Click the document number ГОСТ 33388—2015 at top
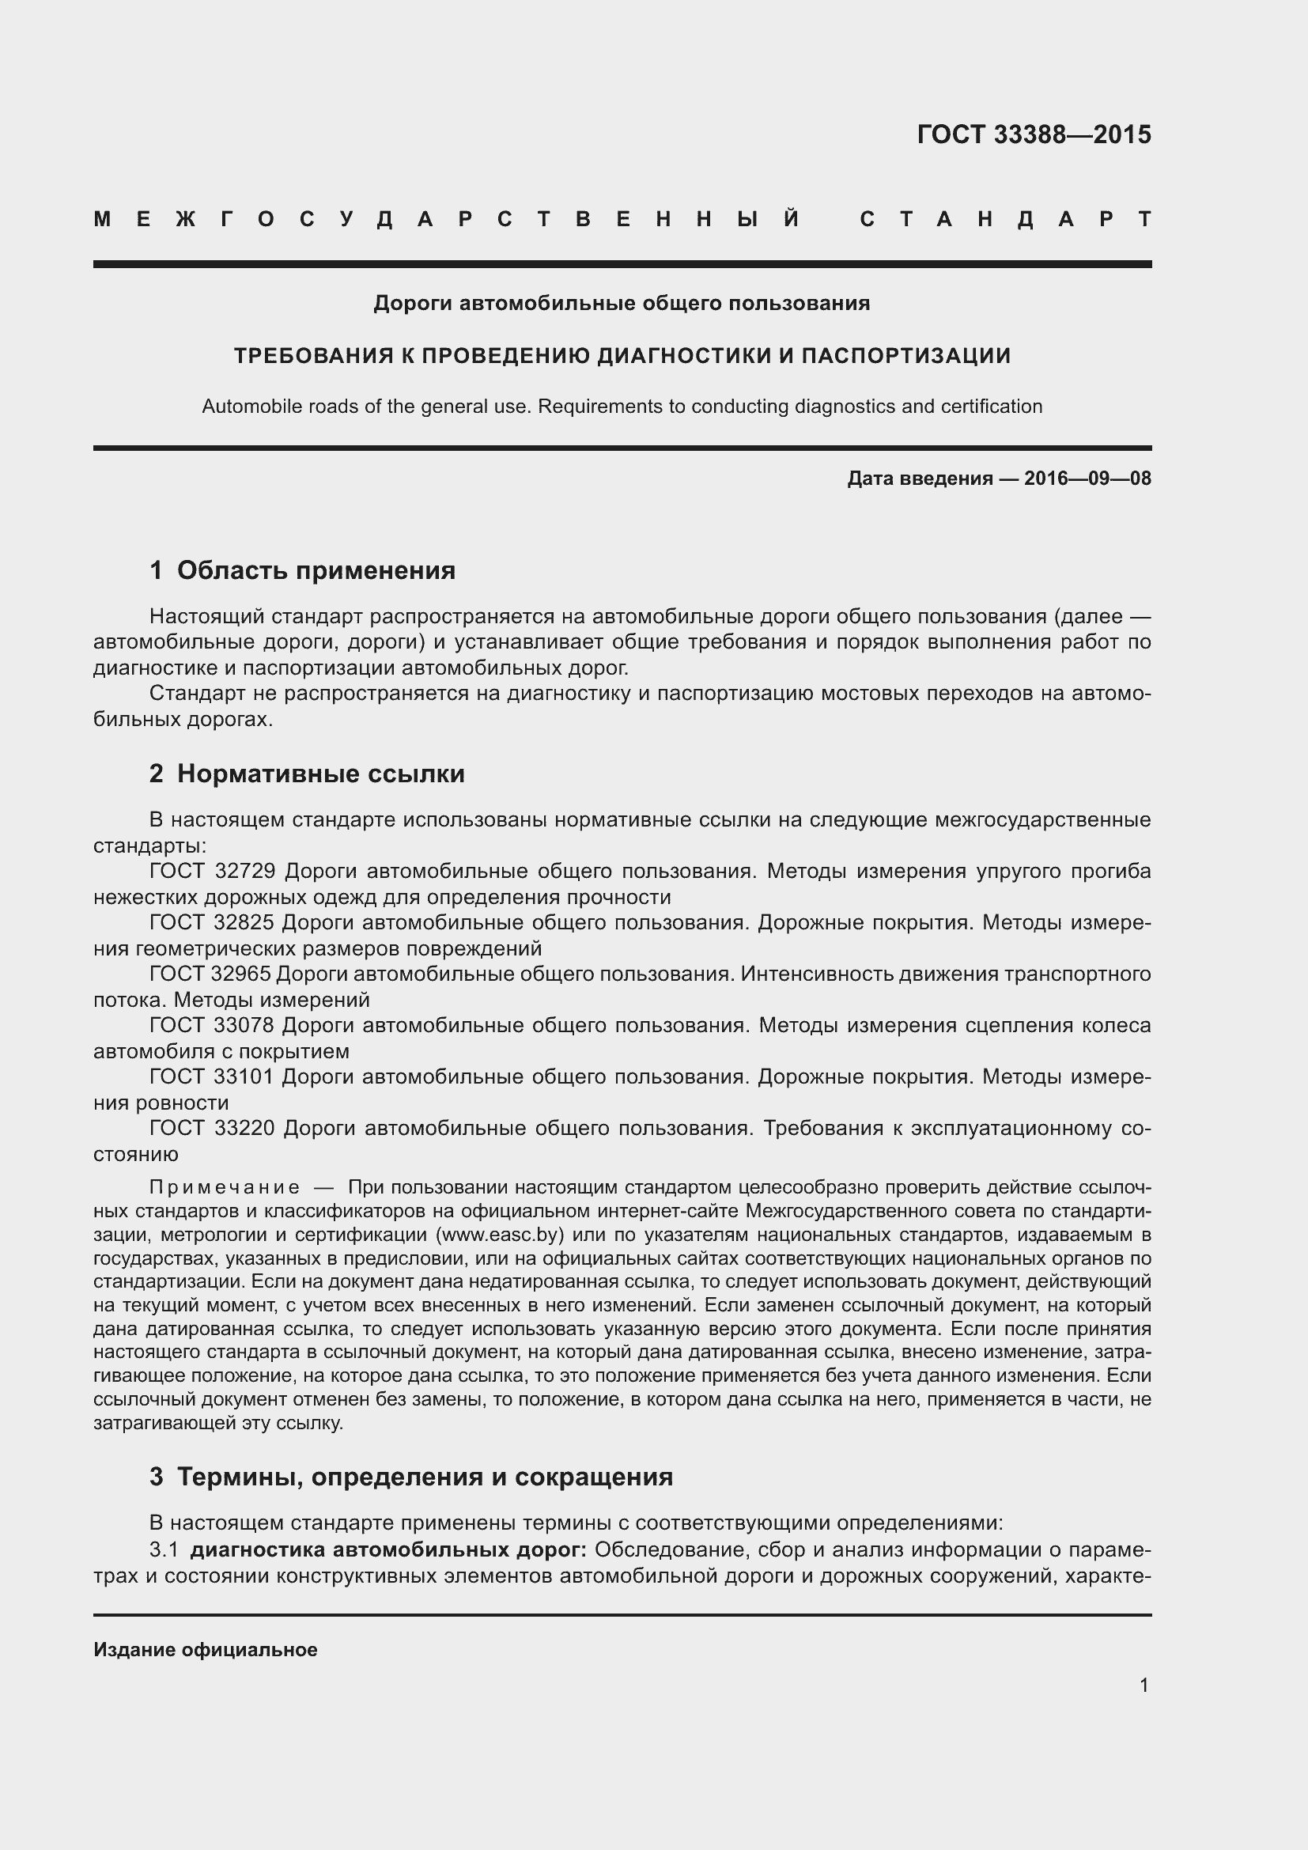pos(1034,134)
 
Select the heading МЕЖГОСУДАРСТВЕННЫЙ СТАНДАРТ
pos(622,219)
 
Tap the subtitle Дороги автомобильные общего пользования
pos(622,304)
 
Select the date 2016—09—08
pos(1087,479)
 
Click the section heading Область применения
pos(316,570)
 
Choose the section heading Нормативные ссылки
pos(320,774)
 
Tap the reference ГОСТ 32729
pos(213,871)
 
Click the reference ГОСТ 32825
pos(213,922)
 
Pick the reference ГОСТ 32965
pos(210,974)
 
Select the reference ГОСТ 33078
pos(213,1026)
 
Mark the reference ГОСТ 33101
pos(213,1076)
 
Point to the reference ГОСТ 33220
pos(213,1128)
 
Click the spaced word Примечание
pos(225,1188)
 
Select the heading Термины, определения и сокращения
pos(425,1477)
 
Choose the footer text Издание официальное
pos(206,1649)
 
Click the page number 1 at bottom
pos(1144,1685)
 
